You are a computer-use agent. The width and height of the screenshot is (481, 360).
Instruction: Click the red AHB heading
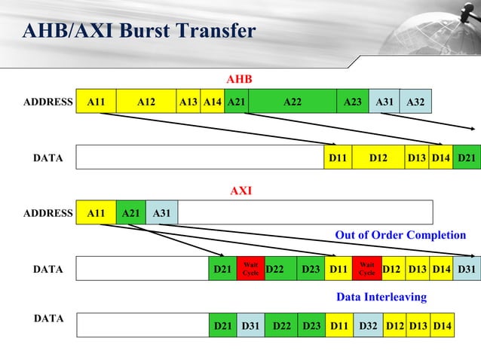[239, 79]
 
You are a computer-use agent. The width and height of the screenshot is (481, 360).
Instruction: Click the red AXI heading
[240, 191]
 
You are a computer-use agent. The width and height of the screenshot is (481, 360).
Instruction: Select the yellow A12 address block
[146, 102]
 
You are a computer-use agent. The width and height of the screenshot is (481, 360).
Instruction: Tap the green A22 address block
[292, 102]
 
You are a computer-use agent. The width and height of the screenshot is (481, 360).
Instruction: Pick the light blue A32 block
[415, 102]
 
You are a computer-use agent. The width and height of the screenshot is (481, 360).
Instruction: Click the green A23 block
[351, 102]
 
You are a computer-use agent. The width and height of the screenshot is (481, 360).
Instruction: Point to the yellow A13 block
[188, 102]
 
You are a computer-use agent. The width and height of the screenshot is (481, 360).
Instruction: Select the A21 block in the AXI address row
[131, 213]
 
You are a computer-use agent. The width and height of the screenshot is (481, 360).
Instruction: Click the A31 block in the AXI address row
[161, 213]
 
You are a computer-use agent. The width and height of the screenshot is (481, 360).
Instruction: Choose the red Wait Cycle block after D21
[250, 269]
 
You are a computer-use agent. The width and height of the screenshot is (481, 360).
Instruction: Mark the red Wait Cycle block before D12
[366, 269]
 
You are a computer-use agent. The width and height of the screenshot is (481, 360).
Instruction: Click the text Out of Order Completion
[400, 236]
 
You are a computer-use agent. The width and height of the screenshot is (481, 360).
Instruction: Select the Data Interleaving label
[381, 297]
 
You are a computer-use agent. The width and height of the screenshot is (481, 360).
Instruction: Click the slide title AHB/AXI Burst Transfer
[139, 32]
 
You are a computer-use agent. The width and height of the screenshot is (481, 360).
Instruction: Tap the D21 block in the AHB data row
[466, 157]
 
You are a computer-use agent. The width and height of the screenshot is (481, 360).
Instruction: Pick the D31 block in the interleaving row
[250, 325]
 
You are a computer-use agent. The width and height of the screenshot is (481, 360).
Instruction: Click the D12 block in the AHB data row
[378, 157]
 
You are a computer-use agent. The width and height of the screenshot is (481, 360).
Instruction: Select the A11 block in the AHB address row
[96, 102]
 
